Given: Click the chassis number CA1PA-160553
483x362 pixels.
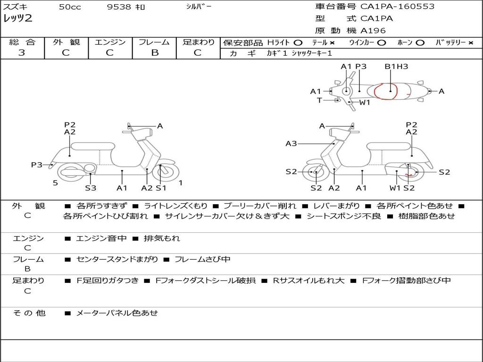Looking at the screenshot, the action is pos(397,7).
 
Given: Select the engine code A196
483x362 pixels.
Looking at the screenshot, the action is pos(373,31).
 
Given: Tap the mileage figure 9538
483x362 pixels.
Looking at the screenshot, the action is pos(119,7).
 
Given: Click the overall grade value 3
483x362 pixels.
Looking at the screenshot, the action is pos(22,53).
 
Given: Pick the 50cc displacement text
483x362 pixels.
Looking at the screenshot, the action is pos(70,7).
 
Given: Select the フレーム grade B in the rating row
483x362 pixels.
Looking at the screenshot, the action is pos(155,53).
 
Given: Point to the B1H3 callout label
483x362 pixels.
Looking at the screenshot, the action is pos(396,66).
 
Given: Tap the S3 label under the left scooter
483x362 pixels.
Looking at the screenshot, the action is pos(91,188).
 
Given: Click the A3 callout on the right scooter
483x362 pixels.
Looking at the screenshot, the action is pos(291,143).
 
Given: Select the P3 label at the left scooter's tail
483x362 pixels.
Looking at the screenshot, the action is pos(37,165).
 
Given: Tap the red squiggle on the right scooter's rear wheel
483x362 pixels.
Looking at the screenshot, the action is pos(409,175).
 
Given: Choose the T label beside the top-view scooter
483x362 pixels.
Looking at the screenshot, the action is pos(319,100).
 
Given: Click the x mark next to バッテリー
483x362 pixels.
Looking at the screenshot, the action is pos(471,43).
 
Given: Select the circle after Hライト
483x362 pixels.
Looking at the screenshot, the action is pos(298,43).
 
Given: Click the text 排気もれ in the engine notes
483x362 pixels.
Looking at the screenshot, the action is pos(162,238).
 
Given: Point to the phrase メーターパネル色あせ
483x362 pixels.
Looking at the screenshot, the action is pos(117,313).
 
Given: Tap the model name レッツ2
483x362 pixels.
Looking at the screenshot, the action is pos(17,18).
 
